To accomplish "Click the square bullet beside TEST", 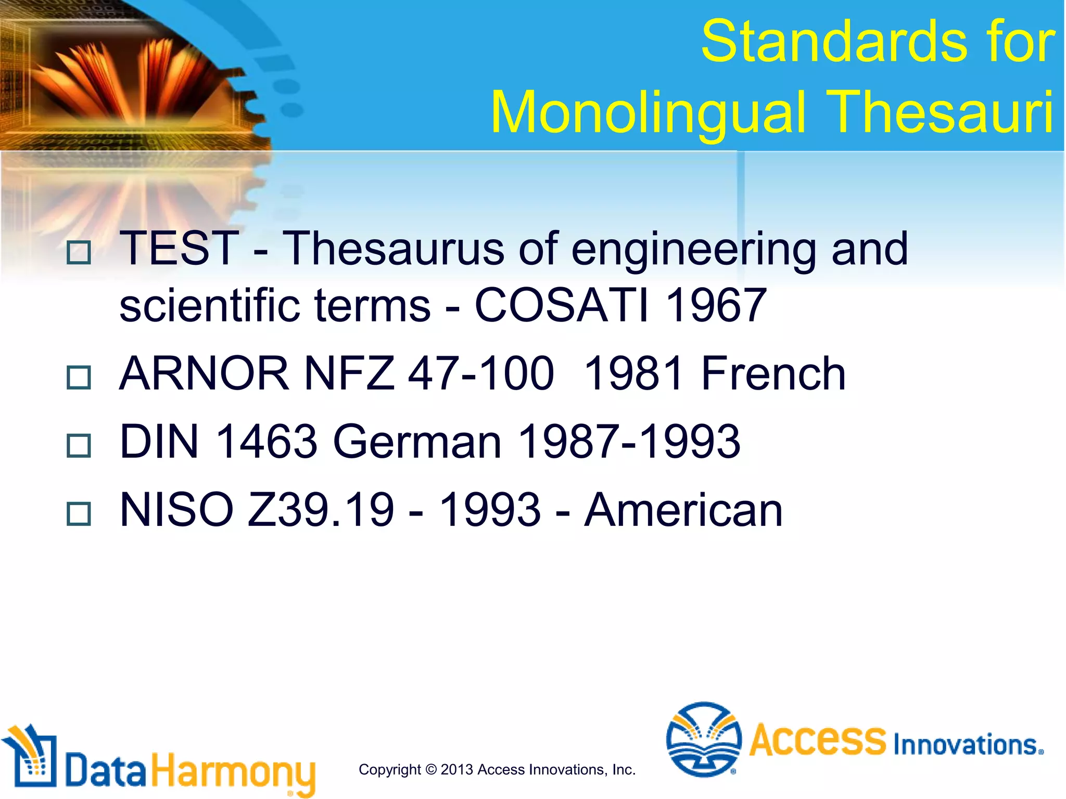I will coord(79,252).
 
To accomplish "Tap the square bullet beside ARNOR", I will coord(79,377).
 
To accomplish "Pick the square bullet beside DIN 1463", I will coord(79,446).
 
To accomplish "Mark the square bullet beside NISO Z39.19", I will coord(79,514).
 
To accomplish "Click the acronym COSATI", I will coord(562,305).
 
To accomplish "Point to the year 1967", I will coord(716,305).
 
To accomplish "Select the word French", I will coord(773,373).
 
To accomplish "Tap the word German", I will coord(417,442).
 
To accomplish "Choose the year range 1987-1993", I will coord(629,442).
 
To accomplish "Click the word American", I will coord(683,510).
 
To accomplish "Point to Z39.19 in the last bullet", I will coord(321,510).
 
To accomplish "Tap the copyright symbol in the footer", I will coord(430,769).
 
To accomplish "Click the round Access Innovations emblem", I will coord(704,739).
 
